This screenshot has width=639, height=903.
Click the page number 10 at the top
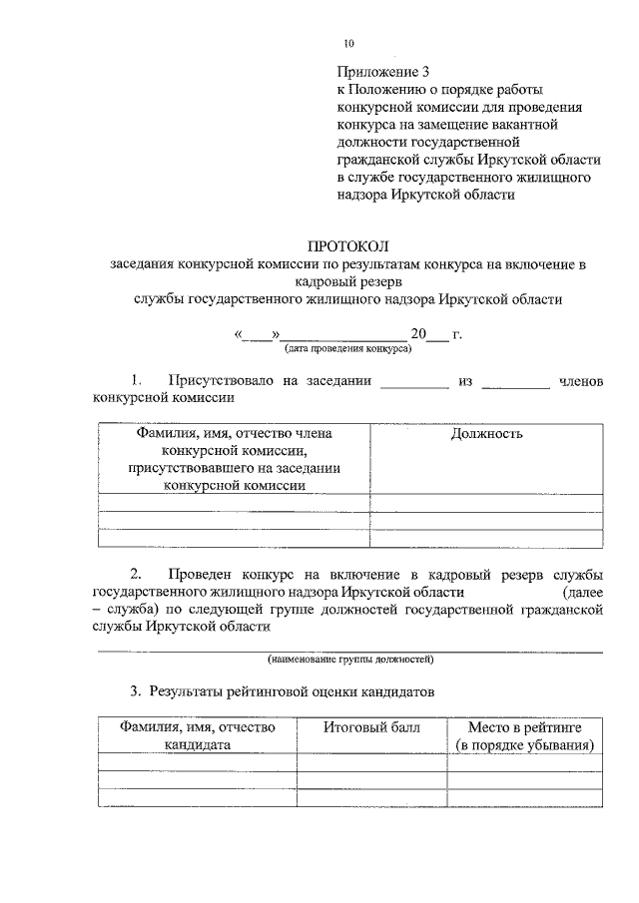[347, 43]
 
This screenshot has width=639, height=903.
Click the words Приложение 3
[382, 72]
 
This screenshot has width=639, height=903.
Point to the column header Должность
[486, 433]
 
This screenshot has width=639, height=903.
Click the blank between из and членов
[515, 382]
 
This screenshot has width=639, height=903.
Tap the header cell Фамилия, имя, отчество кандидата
[197, 735]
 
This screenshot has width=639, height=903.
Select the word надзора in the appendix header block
[365, 195]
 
